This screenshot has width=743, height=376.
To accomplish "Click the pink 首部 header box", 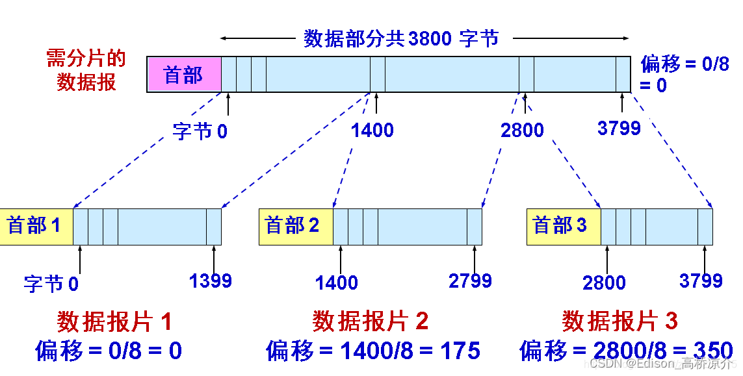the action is (x=184, y=75).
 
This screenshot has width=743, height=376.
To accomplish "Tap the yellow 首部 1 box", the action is (x=35, y=226).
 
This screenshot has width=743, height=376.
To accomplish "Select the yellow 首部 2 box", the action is (x=295, y=226).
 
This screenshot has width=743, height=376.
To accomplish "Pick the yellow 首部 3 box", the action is (x=562, y=226).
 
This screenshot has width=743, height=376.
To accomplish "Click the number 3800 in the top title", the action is (x=430, y=38).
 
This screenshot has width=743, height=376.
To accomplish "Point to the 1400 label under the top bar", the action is (x=372, y=130).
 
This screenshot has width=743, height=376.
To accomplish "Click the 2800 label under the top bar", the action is (x=522, y=130).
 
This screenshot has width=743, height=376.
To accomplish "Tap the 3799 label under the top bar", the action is (x=619, y=128).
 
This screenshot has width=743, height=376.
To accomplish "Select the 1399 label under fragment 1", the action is (x=211, y=281).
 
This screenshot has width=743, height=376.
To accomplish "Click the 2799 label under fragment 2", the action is (x=470, y=281).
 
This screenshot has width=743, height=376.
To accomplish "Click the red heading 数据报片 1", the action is (x=115, y=321).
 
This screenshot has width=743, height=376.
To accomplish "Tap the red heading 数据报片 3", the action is (x=620, y=321).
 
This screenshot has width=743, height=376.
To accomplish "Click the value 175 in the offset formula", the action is (x=459, y=351).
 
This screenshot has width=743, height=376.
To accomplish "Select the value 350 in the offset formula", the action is (x=712, y=351).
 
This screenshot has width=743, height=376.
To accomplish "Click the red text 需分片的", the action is (x=85, y=60).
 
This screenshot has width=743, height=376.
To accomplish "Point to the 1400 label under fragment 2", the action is (x=337, y=282).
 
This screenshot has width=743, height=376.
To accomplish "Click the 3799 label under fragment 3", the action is (x=701, y=281).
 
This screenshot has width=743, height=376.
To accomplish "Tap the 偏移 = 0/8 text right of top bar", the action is (x=685, y=64).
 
